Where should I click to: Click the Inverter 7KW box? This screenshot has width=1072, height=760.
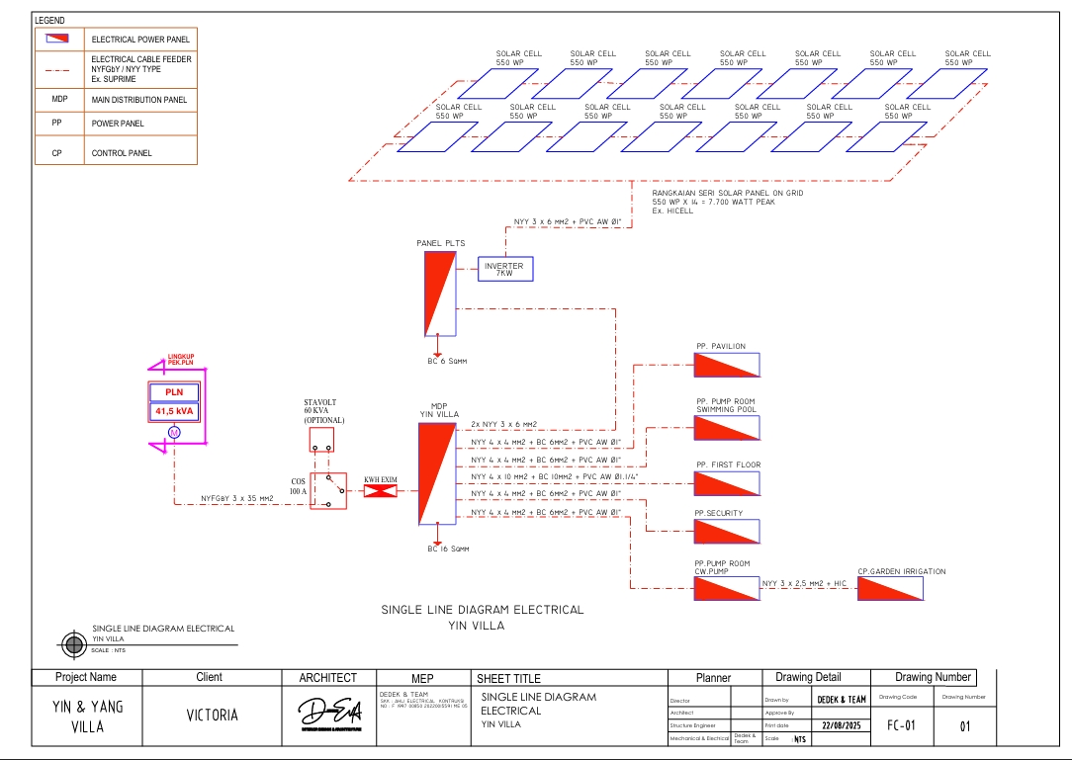point(505,270)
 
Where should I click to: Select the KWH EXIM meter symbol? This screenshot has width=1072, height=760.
point(381,488)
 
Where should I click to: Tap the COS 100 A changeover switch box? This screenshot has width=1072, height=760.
point(328,489)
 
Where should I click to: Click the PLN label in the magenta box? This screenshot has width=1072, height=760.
point(174,392)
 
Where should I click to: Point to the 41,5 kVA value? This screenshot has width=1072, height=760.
point(174,411)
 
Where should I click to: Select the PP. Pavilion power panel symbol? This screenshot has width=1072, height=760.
point(727,365)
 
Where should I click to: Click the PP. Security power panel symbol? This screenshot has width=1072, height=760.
point(727,532)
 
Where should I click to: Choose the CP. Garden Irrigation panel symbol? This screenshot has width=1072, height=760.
point(890,589)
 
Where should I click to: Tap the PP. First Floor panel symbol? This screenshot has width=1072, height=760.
point(727,483)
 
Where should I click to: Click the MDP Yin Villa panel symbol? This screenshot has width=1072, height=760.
point(436,473)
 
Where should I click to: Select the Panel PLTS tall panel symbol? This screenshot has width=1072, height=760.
point(439,294)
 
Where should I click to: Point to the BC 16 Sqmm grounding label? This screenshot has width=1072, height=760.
point(448,548)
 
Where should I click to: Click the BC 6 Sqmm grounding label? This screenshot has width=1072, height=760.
point(447,361)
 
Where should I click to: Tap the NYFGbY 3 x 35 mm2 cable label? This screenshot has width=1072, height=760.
point(236,498)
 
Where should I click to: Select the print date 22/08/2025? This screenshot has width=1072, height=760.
point(842,725)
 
